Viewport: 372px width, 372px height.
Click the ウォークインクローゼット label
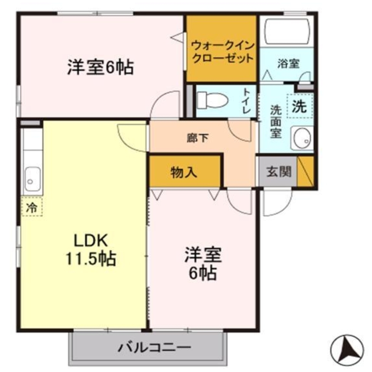pos(222,52)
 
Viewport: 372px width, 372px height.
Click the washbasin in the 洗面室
pos(302,138)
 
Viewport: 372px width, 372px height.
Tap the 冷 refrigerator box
pos(32,207)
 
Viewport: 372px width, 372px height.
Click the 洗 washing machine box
pos(299,107)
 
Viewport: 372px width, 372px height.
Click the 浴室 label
pos(288,64)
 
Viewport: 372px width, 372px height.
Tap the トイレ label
pos(247,101)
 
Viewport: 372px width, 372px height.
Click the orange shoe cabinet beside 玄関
pos(306,171)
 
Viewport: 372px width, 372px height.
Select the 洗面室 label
pos(276,122)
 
